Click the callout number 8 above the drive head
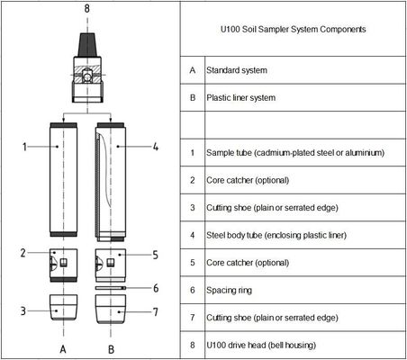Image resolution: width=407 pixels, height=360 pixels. [x=86, y=8]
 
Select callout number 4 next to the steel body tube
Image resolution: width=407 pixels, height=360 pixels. [x=156, y=145]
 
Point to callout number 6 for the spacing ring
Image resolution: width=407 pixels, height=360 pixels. [x=156, y=288]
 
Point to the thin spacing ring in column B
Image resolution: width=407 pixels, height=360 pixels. [x=111, y=288]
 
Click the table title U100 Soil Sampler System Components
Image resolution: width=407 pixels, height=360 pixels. [x=294, y=30]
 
